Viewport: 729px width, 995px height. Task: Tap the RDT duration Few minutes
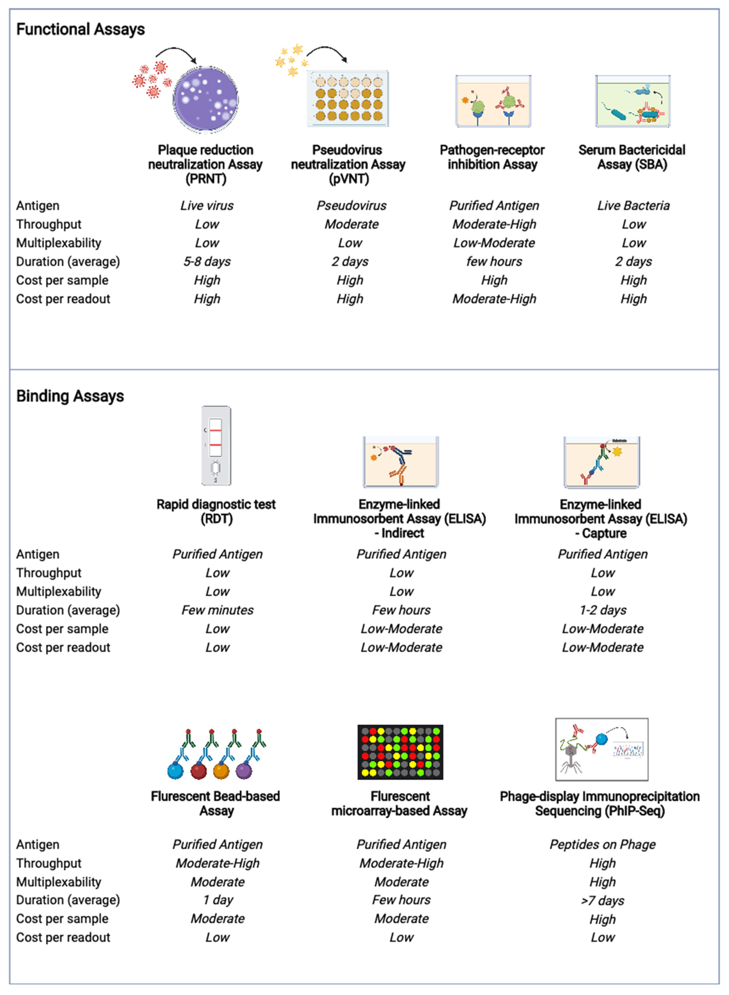point(218,610)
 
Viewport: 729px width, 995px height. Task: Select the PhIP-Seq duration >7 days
point(602,901)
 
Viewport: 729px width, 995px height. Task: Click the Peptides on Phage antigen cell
point(602,844)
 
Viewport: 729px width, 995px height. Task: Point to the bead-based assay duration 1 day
point(218,900)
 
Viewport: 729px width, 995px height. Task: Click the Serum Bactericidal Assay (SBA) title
point(632,157)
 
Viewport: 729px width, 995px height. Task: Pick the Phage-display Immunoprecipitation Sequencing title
point(600,803)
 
